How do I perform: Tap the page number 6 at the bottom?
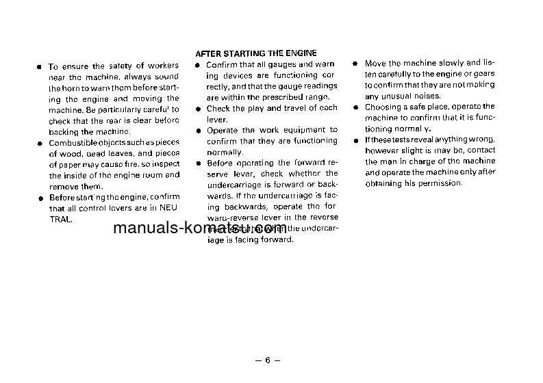[268, 360]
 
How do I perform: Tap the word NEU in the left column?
[168, 209]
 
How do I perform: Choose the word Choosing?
[383, 107]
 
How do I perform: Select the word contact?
[481, 150]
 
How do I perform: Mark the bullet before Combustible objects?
[40, 143]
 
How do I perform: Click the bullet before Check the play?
[197, 109]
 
